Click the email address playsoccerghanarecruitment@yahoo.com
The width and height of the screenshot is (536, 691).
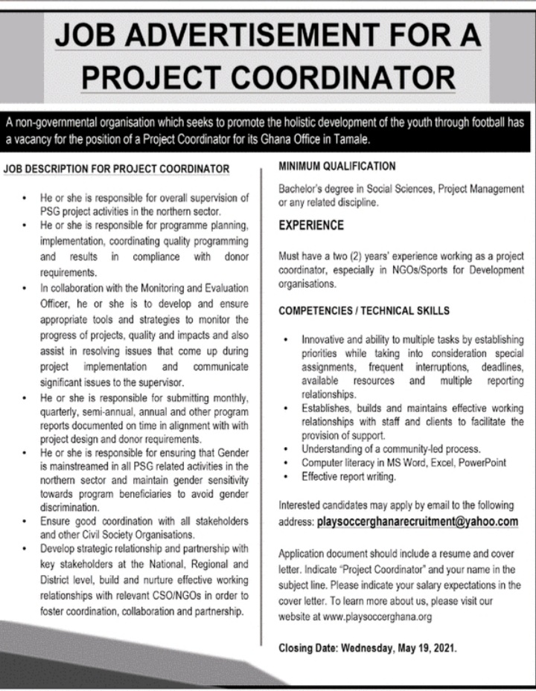418,521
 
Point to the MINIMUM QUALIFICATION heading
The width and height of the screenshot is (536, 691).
336,166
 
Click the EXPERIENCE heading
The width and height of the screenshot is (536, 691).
311,225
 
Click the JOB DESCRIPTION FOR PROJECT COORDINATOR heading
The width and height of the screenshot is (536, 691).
116,169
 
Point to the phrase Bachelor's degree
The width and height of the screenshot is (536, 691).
313,189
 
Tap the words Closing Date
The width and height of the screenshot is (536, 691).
306,648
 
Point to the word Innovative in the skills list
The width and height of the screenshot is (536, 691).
324,340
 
